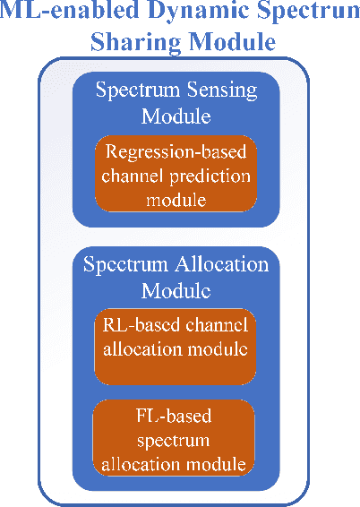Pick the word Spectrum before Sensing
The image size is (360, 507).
[137, 90]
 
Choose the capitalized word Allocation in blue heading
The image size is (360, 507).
[218, 265]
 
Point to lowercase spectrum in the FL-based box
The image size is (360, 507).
[176, 442]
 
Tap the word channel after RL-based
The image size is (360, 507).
[218, 324]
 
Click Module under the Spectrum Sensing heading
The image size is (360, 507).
[176, 116]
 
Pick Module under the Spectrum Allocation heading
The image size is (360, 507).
[176, 292]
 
